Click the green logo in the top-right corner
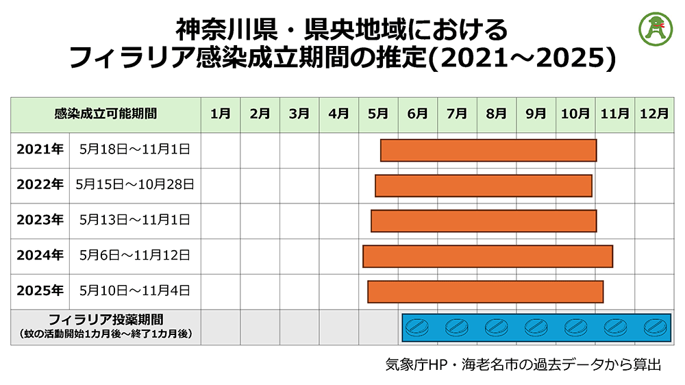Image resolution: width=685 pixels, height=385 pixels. click(655, 27)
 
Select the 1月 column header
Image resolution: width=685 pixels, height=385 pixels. click(221, 114)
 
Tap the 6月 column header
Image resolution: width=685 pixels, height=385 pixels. click(417, 114)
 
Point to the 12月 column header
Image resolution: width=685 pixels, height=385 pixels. click(654, 114)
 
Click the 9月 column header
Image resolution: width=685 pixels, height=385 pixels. click(536, 114)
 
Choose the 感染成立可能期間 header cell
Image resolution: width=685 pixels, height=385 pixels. click(105, 114)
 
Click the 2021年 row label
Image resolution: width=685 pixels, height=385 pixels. click(40, 150)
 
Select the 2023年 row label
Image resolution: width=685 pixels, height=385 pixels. click(40, 220)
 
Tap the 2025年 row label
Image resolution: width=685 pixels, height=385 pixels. click(40, 291)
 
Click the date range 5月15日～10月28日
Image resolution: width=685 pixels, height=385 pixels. click(135, 185)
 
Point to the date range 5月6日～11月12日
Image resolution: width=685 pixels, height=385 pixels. click(135, 256)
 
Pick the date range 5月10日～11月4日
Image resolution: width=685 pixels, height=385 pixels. click(135, 291)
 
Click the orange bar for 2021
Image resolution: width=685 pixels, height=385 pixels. click(488, 150)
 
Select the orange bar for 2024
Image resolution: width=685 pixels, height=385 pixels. click(488, 256)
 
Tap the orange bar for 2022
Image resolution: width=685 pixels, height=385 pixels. click(484, 185)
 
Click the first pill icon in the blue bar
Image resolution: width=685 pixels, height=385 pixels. click(416, 327)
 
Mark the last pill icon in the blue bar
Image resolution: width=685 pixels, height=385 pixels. click(654, 327)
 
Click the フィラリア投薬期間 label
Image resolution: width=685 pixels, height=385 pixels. click(105, 320)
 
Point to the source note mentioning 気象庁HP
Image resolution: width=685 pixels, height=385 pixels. click(523, 364)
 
